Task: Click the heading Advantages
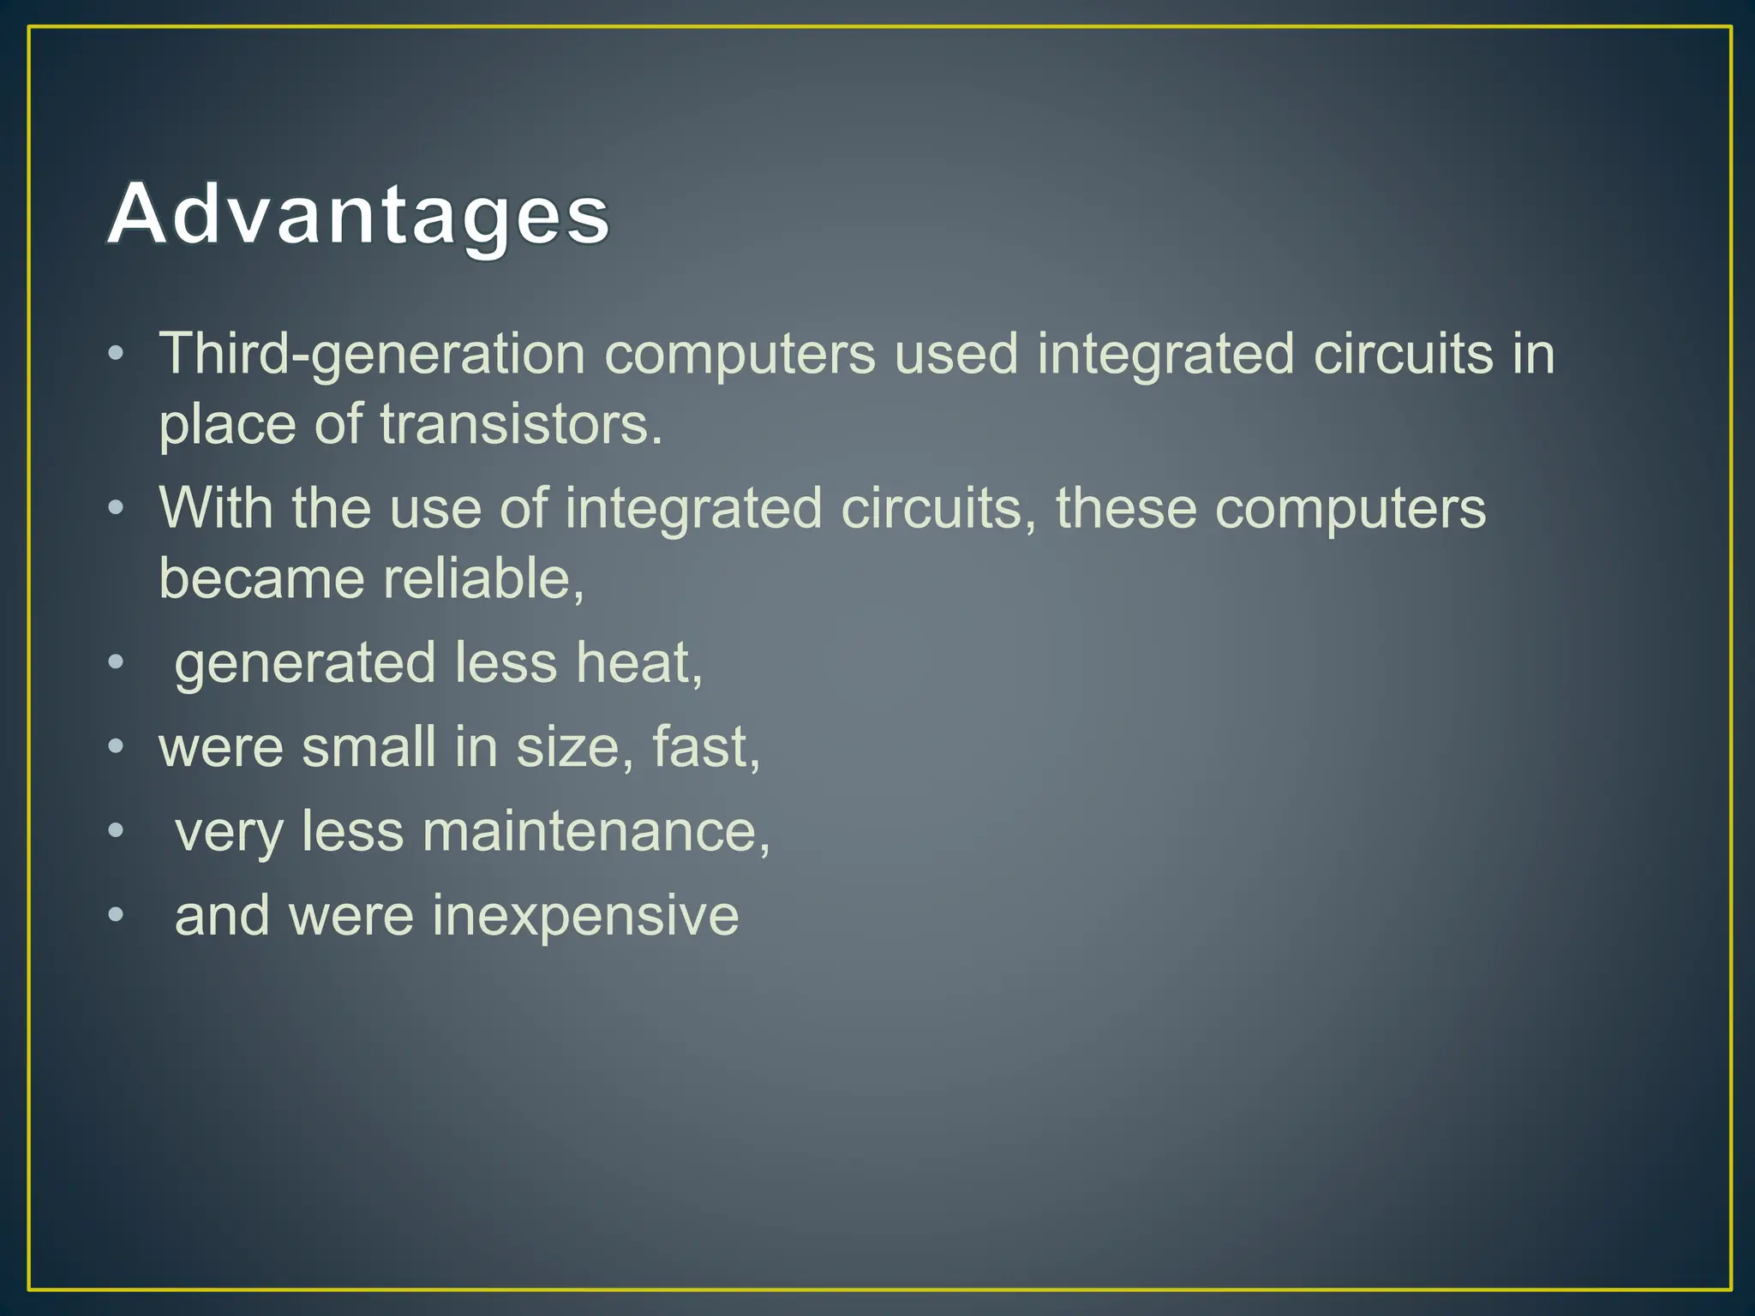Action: click(x=358, y=214)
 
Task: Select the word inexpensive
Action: click(x=585, y=916)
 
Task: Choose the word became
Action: click(x=261, y=578)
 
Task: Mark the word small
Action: click(x=368, y=747)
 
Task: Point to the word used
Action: click(x=955, y=354)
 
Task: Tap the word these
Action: click(x=1125, y=508)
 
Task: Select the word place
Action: click(x=227, y=426)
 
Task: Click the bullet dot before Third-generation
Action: click(x=116, y=354)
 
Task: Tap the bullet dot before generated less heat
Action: click(x=116, y=663)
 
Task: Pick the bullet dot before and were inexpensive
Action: click(x=116, y=916)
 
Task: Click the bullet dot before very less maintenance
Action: click(x=116, y=832)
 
